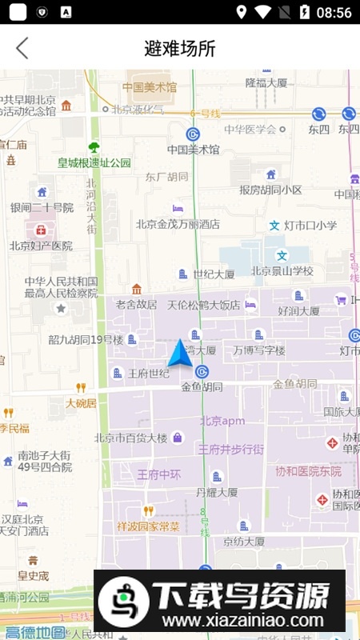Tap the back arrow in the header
click(x=22, y=48)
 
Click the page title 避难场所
click(x=180, y=48)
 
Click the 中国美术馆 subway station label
click(x=193, y=149)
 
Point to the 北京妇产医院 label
click(x=41, y=246)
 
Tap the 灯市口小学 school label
click(x=310, y=226)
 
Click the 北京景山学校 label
click(x=282, y=270)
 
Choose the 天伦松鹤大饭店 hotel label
click(x=203, y=305)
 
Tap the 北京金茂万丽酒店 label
click(x=178, y=224)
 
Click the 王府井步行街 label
click(x=231, y=450)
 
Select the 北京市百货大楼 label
click(x=131, y=438)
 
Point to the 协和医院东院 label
click(x=309, y=470)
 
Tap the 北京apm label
click(x=222, y=421)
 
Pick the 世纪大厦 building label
click(x=214, y=274)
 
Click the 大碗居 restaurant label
click(x=81, y=403)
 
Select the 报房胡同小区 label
click(x=270, y=190)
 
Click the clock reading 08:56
click(x=334, y=12)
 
